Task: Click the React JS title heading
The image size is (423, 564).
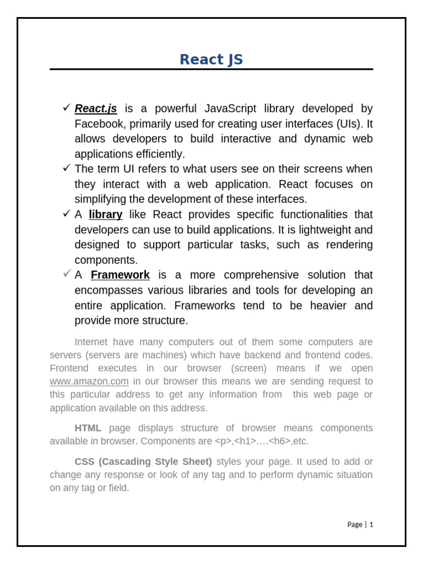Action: (211, 59)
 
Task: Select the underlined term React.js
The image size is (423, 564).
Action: (96, 109)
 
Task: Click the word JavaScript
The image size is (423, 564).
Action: (230, 109)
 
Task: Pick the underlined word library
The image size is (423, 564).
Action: (106, 214)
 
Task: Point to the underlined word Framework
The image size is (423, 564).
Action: (120, 275)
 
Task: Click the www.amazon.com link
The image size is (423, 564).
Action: (89, 381)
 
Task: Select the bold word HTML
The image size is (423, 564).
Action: (88, 428)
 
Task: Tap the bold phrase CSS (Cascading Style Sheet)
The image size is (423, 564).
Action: (143, 462)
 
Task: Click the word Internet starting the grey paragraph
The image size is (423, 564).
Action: (92, 341)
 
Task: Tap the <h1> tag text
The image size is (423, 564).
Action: (246, 441)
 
